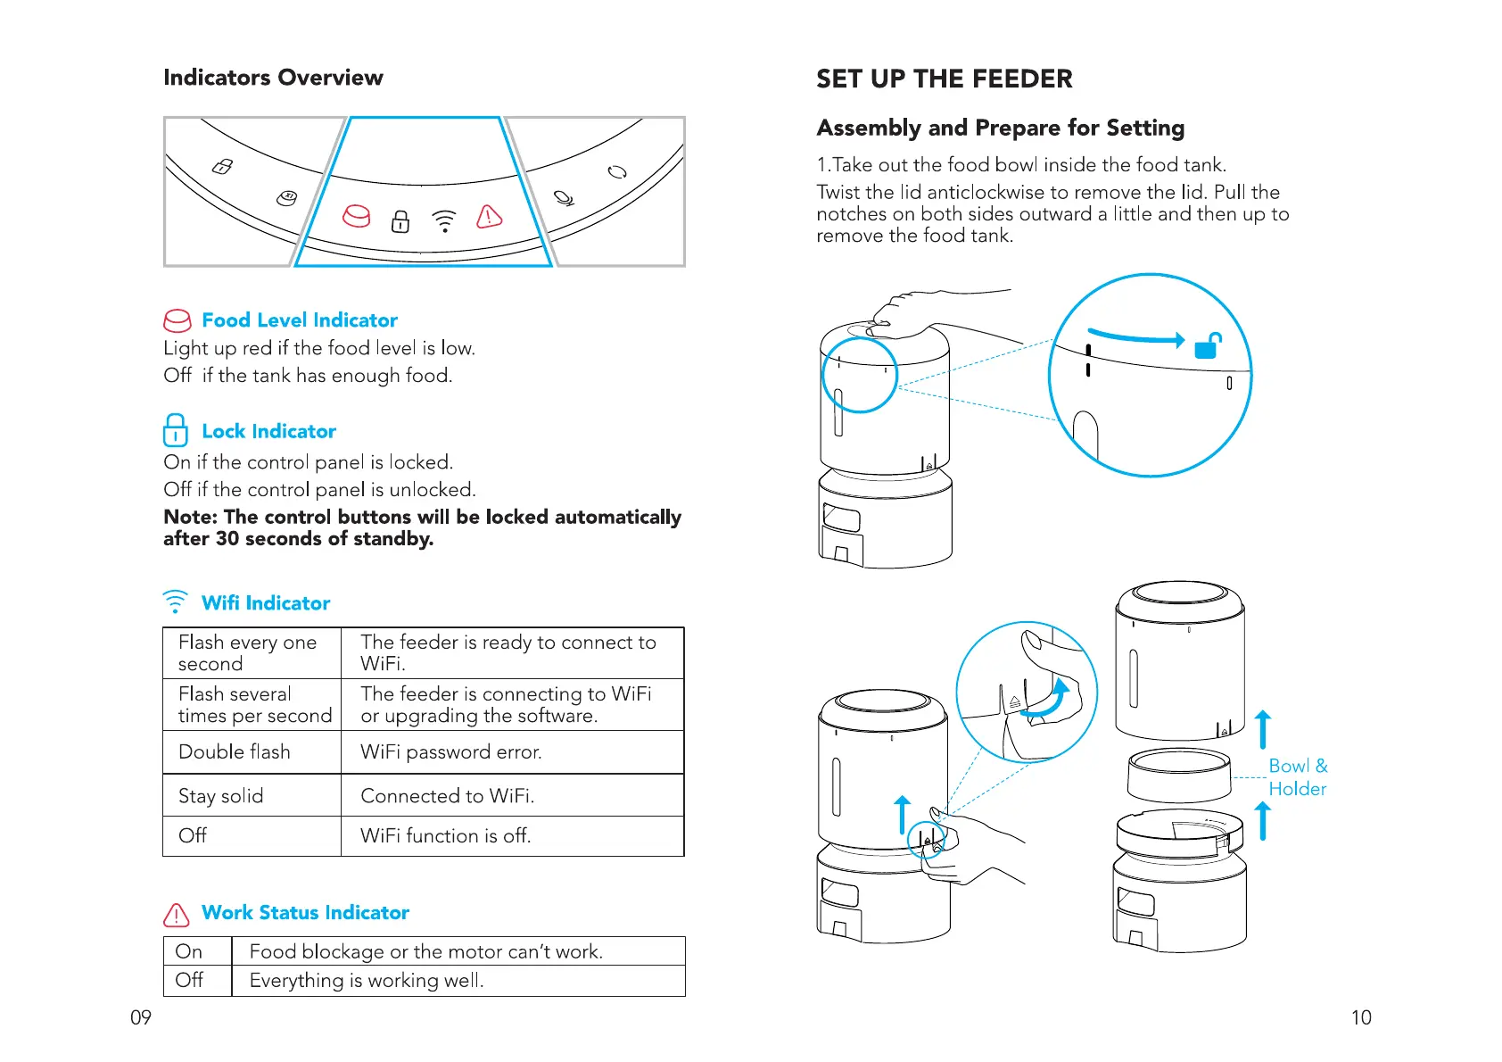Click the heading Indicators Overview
273,78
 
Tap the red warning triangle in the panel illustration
489,216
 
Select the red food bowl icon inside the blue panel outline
357,216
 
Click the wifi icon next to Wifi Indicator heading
176,602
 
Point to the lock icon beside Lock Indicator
176,429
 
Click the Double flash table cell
235,751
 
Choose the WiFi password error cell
451,751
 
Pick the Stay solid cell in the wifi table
221,795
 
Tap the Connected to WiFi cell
447,795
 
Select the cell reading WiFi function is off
445,835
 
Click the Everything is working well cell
367,980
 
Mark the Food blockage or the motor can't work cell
425,951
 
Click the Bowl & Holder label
1297,777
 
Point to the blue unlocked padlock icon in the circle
1208,345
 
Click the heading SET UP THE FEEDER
944,79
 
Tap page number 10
1361,1017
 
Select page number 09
141,1017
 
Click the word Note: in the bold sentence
190,517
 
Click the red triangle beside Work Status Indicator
177,915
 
